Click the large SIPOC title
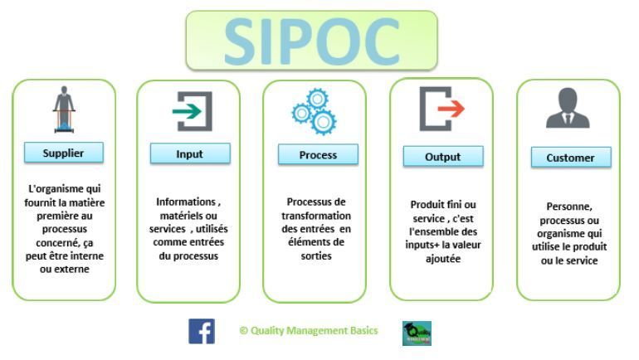[x=311, y=40]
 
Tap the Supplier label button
[x=64, y=153]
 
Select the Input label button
[x=190, y=154]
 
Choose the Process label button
[x=317, y=155]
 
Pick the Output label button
[x=442, y=157]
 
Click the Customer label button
[x=570, y=158]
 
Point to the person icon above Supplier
[x=64, y=110]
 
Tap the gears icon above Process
[x=314, y=111]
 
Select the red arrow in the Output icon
[x=451, y=108]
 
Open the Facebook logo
[x=202, y=331]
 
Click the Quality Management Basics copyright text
[x=308, y=330]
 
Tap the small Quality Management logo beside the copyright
[x=417, y=333]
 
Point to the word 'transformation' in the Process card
[x=315, y=215]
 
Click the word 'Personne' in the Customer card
[x=568, y=207]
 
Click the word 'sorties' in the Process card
[x=315, y=256]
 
